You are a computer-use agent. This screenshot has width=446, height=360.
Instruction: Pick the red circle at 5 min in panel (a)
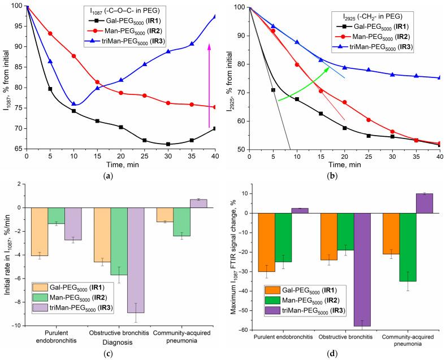[50, 33]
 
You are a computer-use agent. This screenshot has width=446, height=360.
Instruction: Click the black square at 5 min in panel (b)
[274, 90]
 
